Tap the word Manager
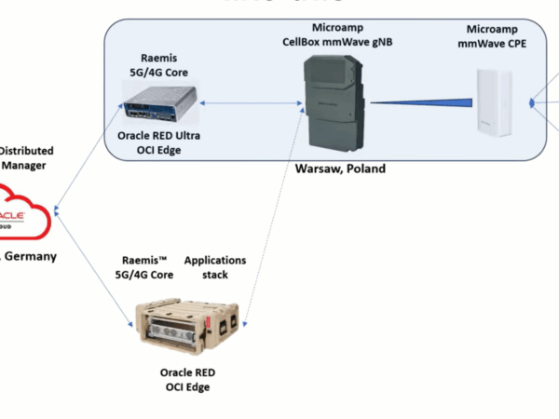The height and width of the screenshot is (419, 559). coord(26,165)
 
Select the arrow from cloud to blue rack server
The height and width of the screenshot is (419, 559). coord(89,158)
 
